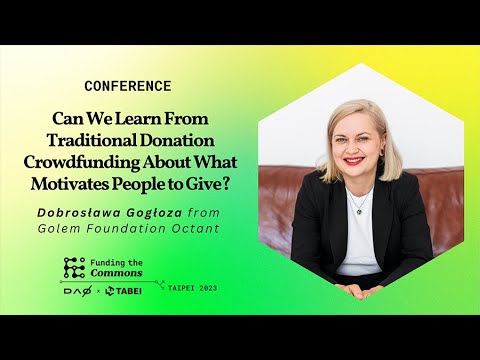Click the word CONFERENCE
click(128, 86)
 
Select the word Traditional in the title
click(92, 140)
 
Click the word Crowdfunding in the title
click(81, 163)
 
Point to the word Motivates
click(69, 184)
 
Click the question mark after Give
click(225, 184)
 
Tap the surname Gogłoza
click(154, 213)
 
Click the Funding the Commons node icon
click(74, 268)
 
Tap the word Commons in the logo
click(116, 273)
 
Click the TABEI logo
click(123, 291)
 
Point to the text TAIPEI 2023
click(193, 288)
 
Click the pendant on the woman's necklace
click(359, 211)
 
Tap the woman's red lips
click(353, 161)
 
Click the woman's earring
click(382, 153)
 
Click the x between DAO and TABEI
click(98, 292)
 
